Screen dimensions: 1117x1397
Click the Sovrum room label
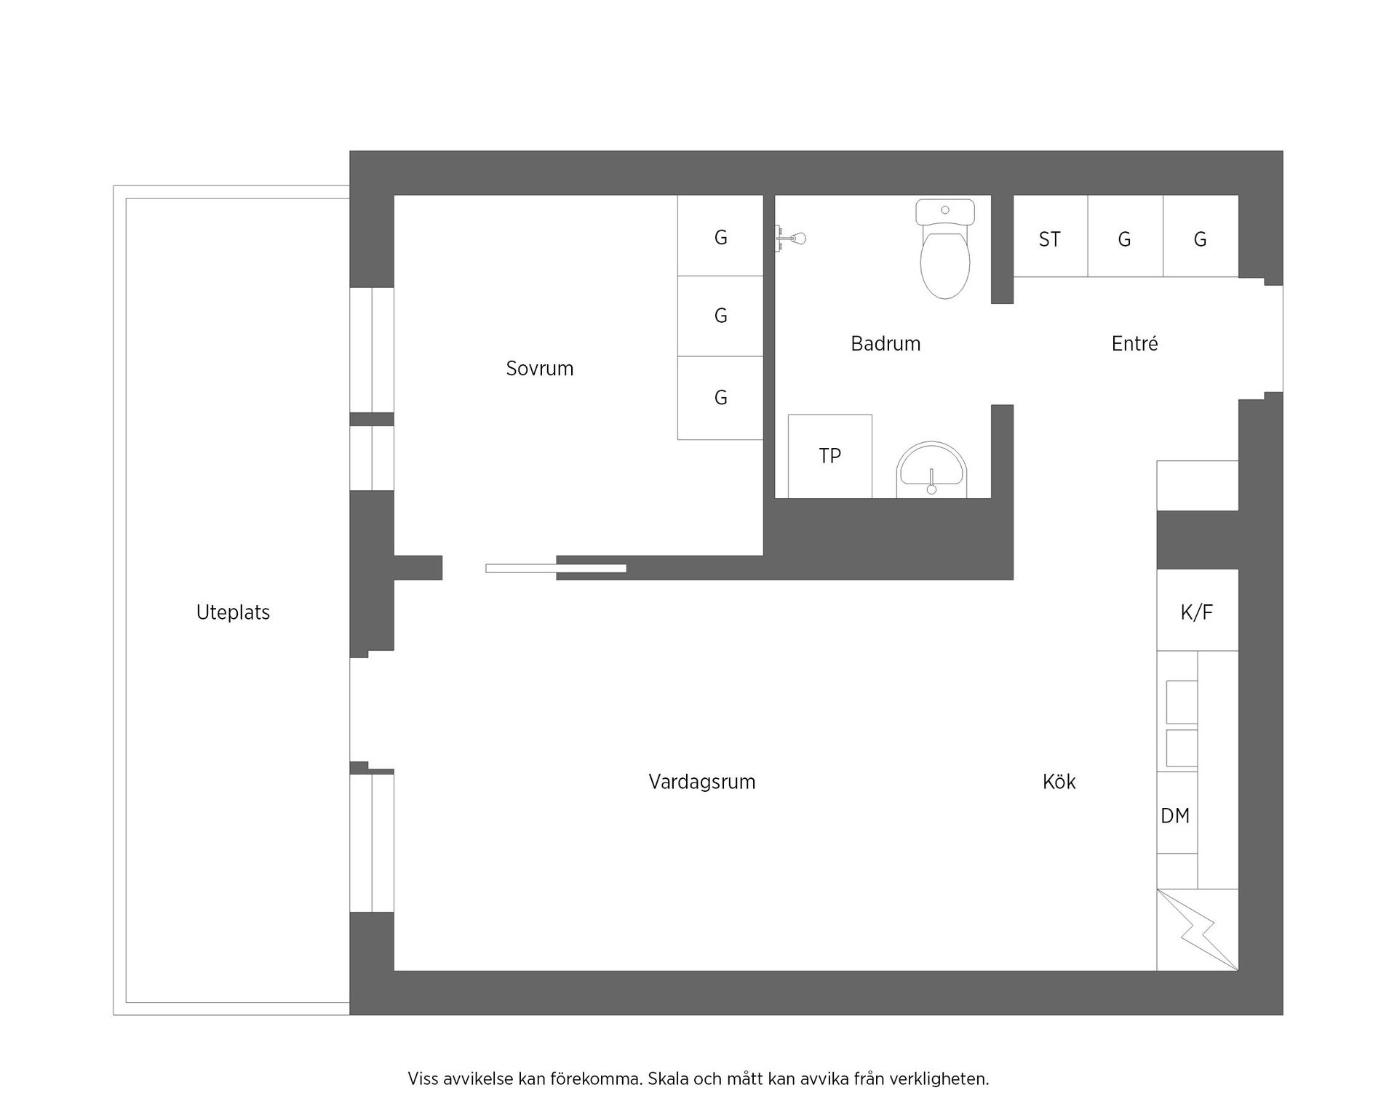pyautogui.click(x=539, y=369)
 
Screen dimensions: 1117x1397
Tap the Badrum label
pyautogui.click(x=885, y=344)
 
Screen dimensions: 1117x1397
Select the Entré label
pyautogui.click(x=1134, y=344)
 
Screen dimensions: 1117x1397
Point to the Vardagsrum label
pyautogui.click(x=701, y=782)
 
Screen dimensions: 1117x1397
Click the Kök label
pyautogui.click(x=1059, y=782)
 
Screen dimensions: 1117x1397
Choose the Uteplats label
pyautogui.click(x=233, y=612)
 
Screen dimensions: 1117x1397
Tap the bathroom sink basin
pyautogui.click(x=931, y=470)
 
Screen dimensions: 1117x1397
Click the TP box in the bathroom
pyautogui.click(x=829, y=456)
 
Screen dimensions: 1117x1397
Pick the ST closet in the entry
pyautogui.click(x=1050, y=239)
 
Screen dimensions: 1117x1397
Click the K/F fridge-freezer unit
pyautogui.click(x=1196, y=612)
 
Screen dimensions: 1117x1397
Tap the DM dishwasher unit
pyautogui.click(x=1176, y=815)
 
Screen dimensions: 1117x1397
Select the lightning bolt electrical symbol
pyautogui.click(x=1198, y=932)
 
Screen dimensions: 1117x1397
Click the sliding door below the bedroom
pyautogui.click(x=556, y=568)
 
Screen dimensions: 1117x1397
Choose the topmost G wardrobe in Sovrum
pyautogui.click(x=720, y=236)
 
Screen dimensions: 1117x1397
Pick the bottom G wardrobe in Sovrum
pyautogui.click(x=720, y=398)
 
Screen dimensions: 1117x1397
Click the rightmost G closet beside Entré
pyautogui.click(x=1200, y=239)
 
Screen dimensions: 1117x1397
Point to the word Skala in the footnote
pyautogui.click(x=668, y=1078)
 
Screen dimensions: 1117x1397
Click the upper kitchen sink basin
pyautogui.click(x=1181, y=702)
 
